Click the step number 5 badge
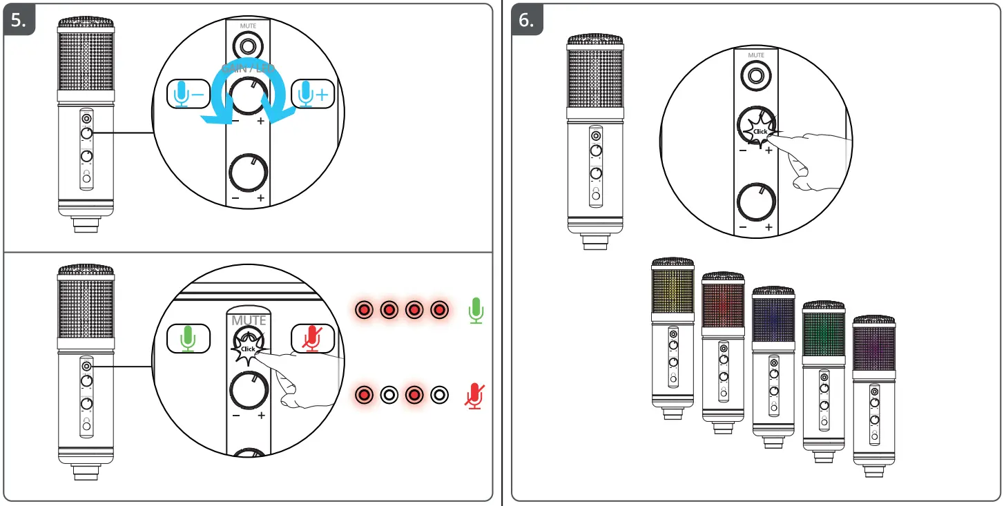click(19, 21)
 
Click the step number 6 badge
click(527, 21)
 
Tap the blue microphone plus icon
click(312, 95)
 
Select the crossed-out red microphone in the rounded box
click(313, 338)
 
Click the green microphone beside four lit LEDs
click(475, 311)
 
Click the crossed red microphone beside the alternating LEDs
click(474, 395)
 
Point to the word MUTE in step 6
click(757, 55)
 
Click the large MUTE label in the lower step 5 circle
click(249, 320)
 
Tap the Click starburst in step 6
click(760, 130)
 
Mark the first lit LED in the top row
click(363, 311)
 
